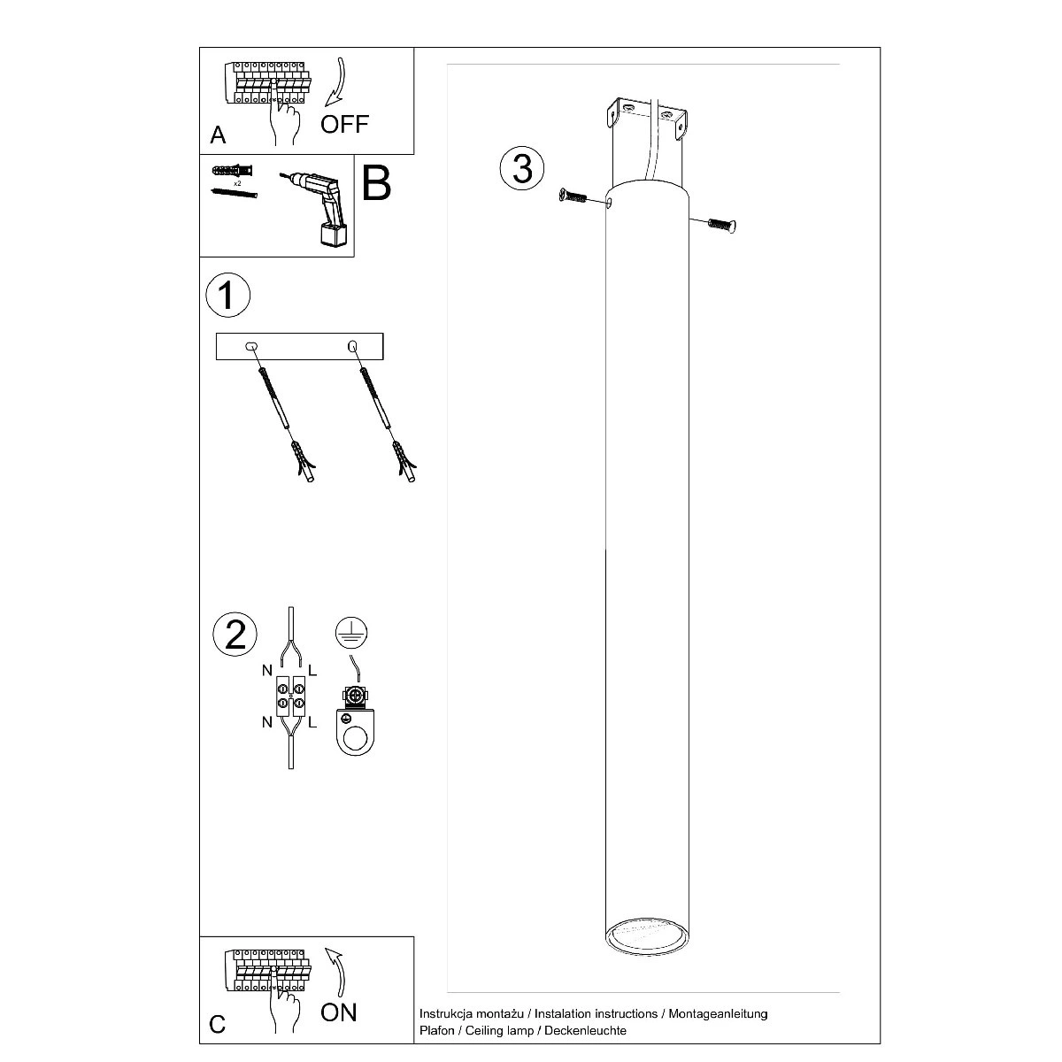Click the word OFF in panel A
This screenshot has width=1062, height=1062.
(344, 123)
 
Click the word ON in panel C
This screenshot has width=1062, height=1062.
(338, 1012)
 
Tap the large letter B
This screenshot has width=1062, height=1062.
(376, 183)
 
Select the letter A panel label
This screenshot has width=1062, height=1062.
(218, 135)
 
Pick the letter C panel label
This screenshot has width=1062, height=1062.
(218, 1025)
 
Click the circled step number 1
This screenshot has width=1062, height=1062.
(227, 295)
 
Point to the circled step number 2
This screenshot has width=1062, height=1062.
(235, 635)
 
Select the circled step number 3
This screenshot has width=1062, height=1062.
(522, 168)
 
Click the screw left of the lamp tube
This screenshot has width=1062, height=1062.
(576, 197)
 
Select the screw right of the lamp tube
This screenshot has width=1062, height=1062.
(722, 225)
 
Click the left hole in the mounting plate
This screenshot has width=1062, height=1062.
(250, 345)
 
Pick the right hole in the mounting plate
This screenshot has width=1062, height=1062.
(352, 345)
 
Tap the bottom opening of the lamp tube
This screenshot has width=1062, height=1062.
(648, 937)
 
